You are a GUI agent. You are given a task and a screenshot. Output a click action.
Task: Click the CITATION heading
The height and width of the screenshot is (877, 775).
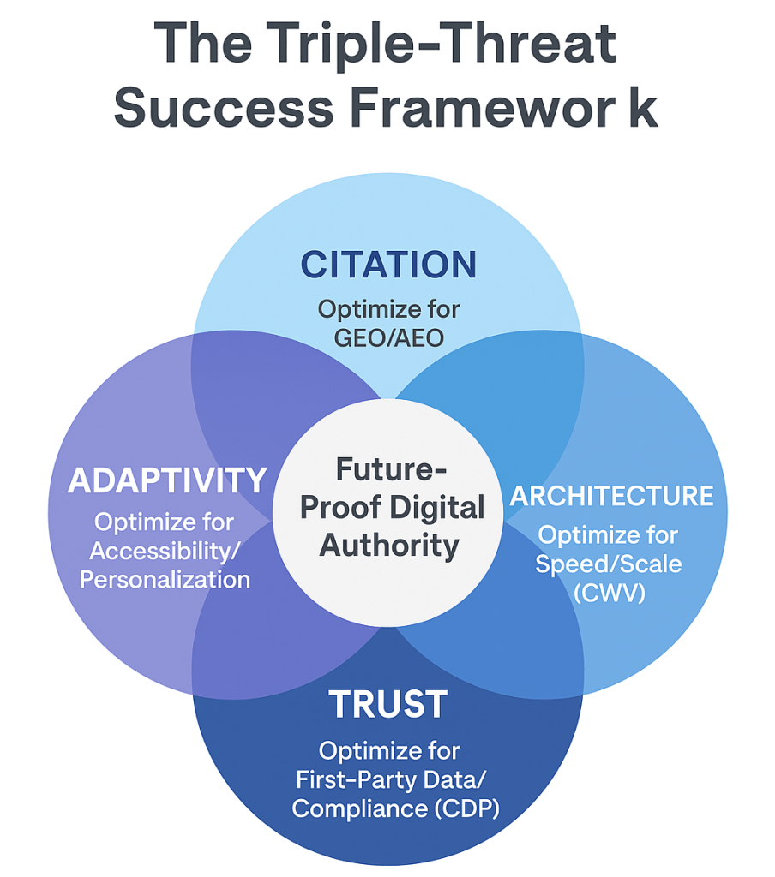pyautogui.click(x=388, y=265)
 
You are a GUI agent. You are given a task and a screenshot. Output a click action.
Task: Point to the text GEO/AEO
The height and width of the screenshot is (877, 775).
pyautogui.click(x=388, y=337)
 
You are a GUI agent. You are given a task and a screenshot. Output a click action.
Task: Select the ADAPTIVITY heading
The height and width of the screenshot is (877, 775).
pyautogui.click(x=167, y=481)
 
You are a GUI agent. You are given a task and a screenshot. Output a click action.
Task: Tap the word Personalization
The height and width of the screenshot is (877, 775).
pyautogui.click(x=165, y=579)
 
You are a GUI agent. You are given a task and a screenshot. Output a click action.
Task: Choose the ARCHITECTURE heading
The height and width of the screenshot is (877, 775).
pyautogui.click(x=612, y=496)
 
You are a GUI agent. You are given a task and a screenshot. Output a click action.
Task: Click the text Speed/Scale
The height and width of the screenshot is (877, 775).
pyautogui.click(x=608, y=564)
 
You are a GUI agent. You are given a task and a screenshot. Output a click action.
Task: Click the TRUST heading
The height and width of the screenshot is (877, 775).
pyautogui.click(x=388, y=704)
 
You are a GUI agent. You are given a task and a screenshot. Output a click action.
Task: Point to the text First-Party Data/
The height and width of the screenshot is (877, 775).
pyautogui.click(x=388, y=779)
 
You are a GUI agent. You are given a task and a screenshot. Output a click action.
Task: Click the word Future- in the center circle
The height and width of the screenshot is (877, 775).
pyautogui.click(x=388, y=470)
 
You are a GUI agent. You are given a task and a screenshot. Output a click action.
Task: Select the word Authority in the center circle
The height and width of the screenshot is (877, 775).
pyautogui.click(x=388, y=545)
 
